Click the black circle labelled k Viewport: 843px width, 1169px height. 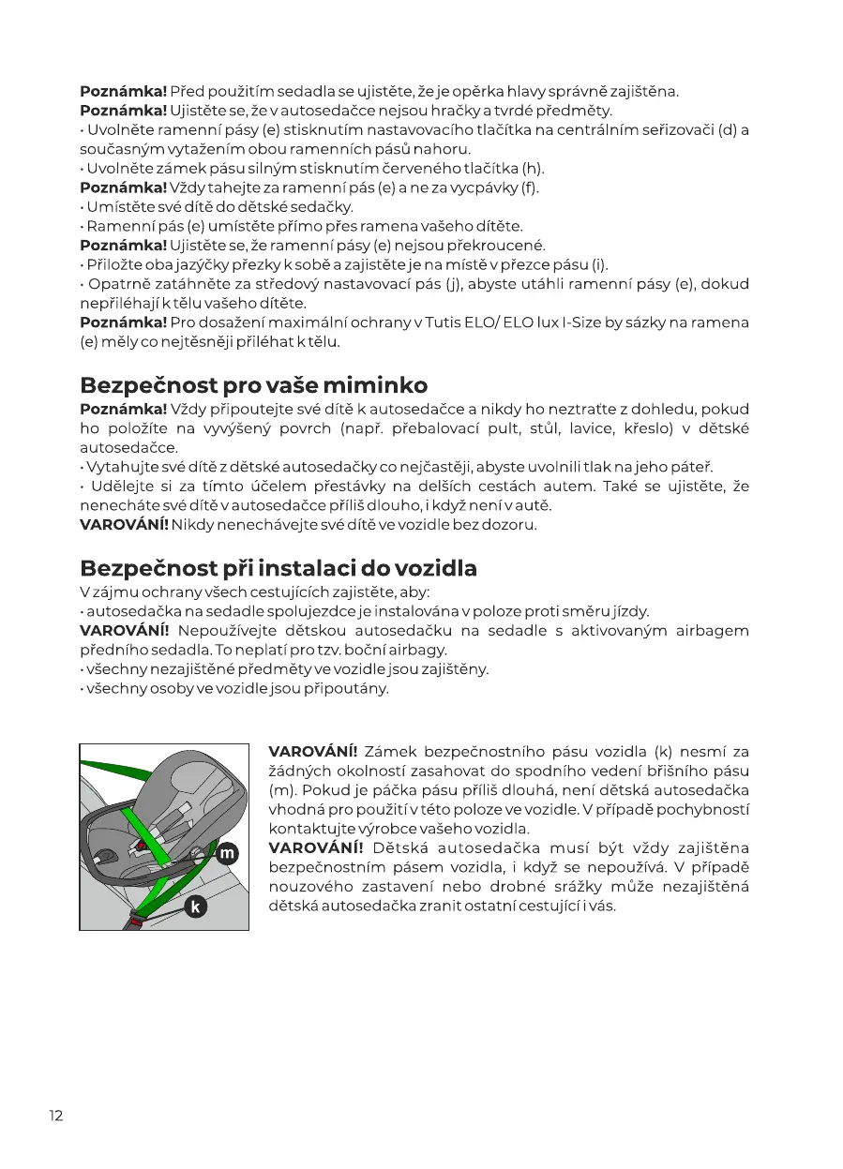(x=195, y=906)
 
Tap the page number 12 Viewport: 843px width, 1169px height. (x=56, y=1115)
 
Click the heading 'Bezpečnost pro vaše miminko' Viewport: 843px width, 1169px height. (x=253, y=385)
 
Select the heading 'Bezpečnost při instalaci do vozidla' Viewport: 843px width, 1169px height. (x=278, y=568)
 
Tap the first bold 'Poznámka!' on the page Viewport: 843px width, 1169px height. (x=123, y=91)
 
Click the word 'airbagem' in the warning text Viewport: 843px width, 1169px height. (x=712, y=630)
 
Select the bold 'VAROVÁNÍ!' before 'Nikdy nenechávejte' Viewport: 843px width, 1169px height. (x=124, y=524)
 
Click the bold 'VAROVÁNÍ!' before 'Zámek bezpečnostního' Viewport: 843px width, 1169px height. (x=312, y=751)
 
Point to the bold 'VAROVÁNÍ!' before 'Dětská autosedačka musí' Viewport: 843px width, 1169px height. (x=314, y=848)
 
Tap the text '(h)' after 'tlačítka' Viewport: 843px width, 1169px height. (x=533, y=169)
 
